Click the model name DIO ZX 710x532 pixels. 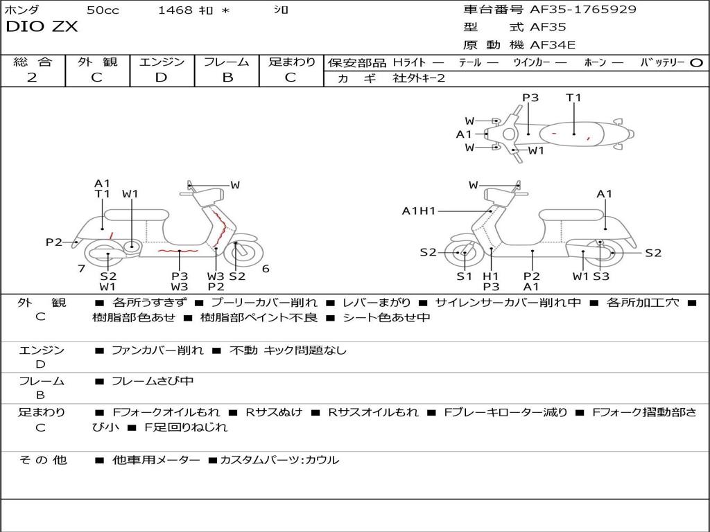click(42, 27)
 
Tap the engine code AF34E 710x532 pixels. click(553, 46)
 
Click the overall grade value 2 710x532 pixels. click(32, 78)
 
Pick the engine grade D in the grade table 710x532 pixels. click(161, 78)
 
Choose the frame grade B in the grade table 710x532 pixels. click(227, 78)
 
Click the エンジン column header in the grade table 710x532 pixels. click(162, 62)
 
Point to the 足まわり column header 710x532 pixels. click(292, 62)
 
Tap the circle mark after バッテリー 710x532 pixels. click(696, 62)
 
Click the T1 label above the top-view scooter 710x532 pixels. click(573, 98)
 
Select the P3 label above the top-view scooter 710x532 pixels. click(530, 98)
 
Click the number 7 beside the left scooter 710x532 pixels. click(81, 269)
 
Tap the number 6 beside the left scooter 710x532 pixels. click(266, 269)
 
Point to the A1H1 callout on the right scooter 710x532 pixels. click(419, 211)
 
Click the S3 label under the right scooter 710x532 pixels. click(600, 276)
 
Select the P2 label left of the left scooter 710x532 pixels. click(54, 242)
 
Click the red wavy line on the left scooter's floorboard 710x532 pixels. click(177, 249)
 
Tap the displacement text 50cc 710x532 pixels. click(103, 10)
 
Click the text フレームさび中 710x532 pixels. click(153, 381)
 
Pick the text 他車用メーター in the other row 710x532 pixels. click(156, 460)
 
